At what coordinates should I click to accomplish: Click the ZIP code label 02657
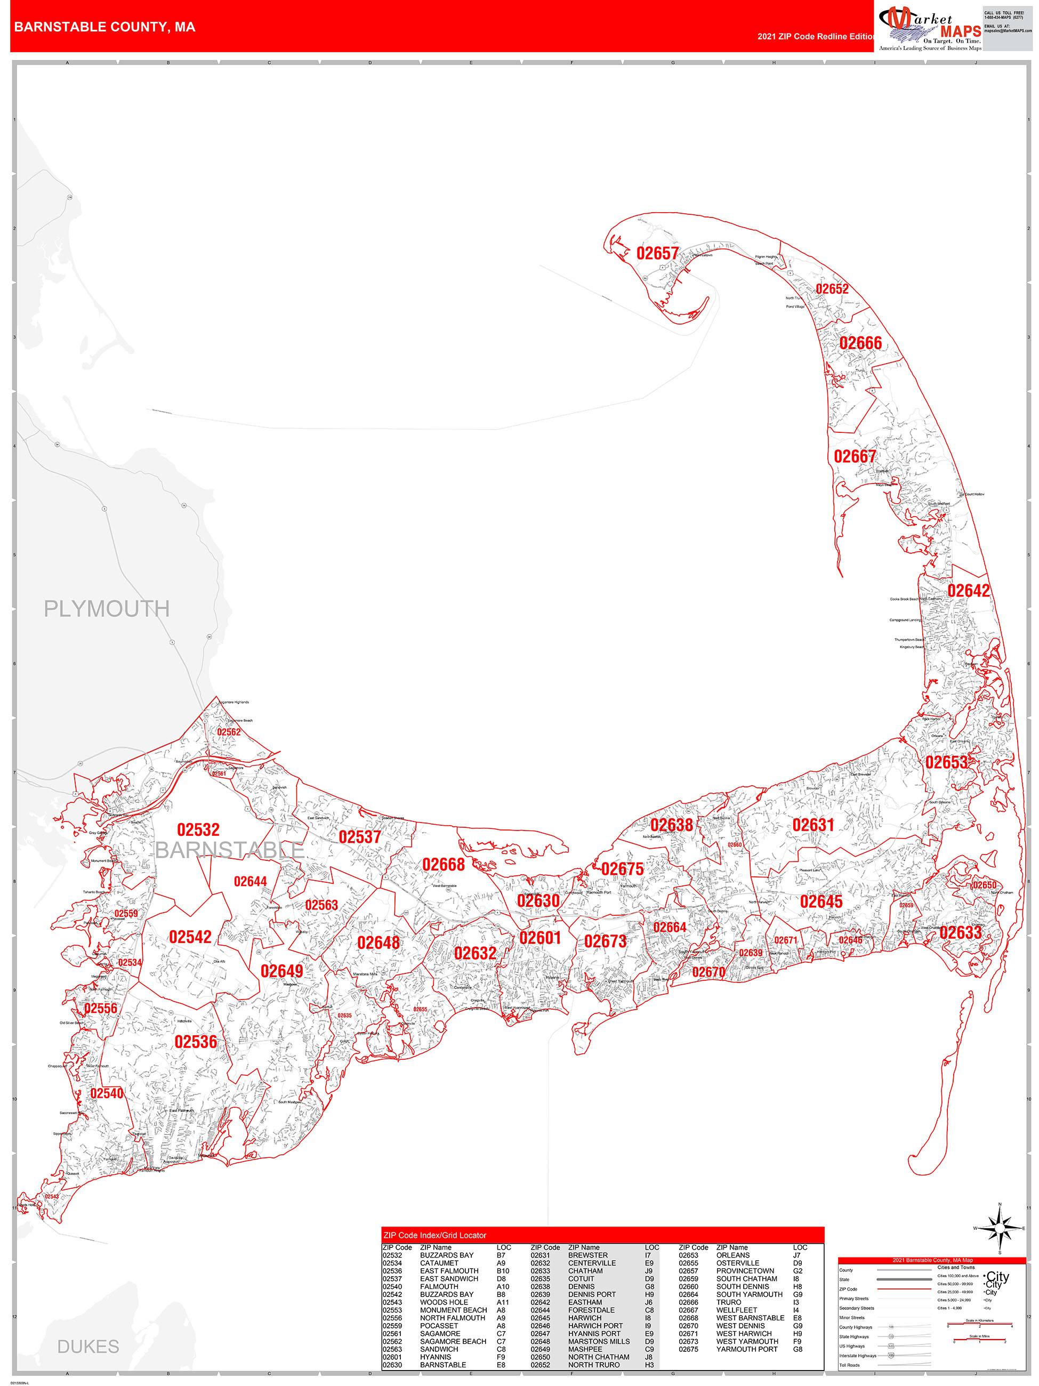pyautogui.click(x=657, y=253)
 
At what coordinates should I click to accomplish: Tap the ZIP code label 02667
pyautogui.click(x=854, y=456)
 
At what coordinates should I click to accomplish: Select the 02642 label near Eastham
pyautogui.click(x=968, y=590)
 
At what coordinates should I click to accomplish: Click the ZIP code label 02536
pyautogui.click(x=196, y=1042)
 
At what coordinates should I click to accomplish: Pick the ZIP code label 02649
pyautogui.click(x=281, y=971)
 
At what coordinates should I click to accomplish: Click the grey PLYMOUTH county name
pyautogui.click(x=107, y=608)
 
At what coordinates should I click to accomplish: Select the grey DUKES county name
pyautogui.click(x=88, y=1346)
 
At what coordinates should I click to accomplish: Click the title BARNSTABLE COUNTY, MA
pyautogui.click(x=104, y=27)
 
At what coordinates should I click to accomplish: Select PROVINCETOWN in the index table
pyautogui.click(x=745, y=1271)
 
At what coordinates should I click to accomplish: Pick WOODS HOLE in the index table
pyautogui.click(x=444, y=1302)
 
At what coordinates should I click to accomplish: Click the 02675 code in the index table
pyautogui.click(x=688, y=1349)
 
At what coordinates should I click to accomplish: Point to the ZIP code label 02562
pyautogui.click(x=229, y=731)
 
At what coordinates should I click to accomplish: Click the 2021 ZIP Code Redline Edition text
pyautogui.click(x=815, y=36)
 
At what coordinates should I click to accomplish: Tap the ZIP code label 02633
pyautogui.click(x=960, y=932)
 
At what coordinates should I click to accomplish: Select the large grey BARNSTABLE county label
pyautogui.click(x=229, y=850)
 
